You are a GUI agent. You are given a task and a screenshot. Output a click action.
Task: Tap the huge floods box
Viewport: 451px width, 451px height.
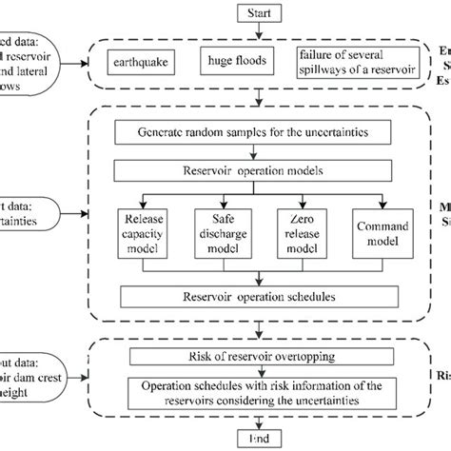click(x=233, y=63)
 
